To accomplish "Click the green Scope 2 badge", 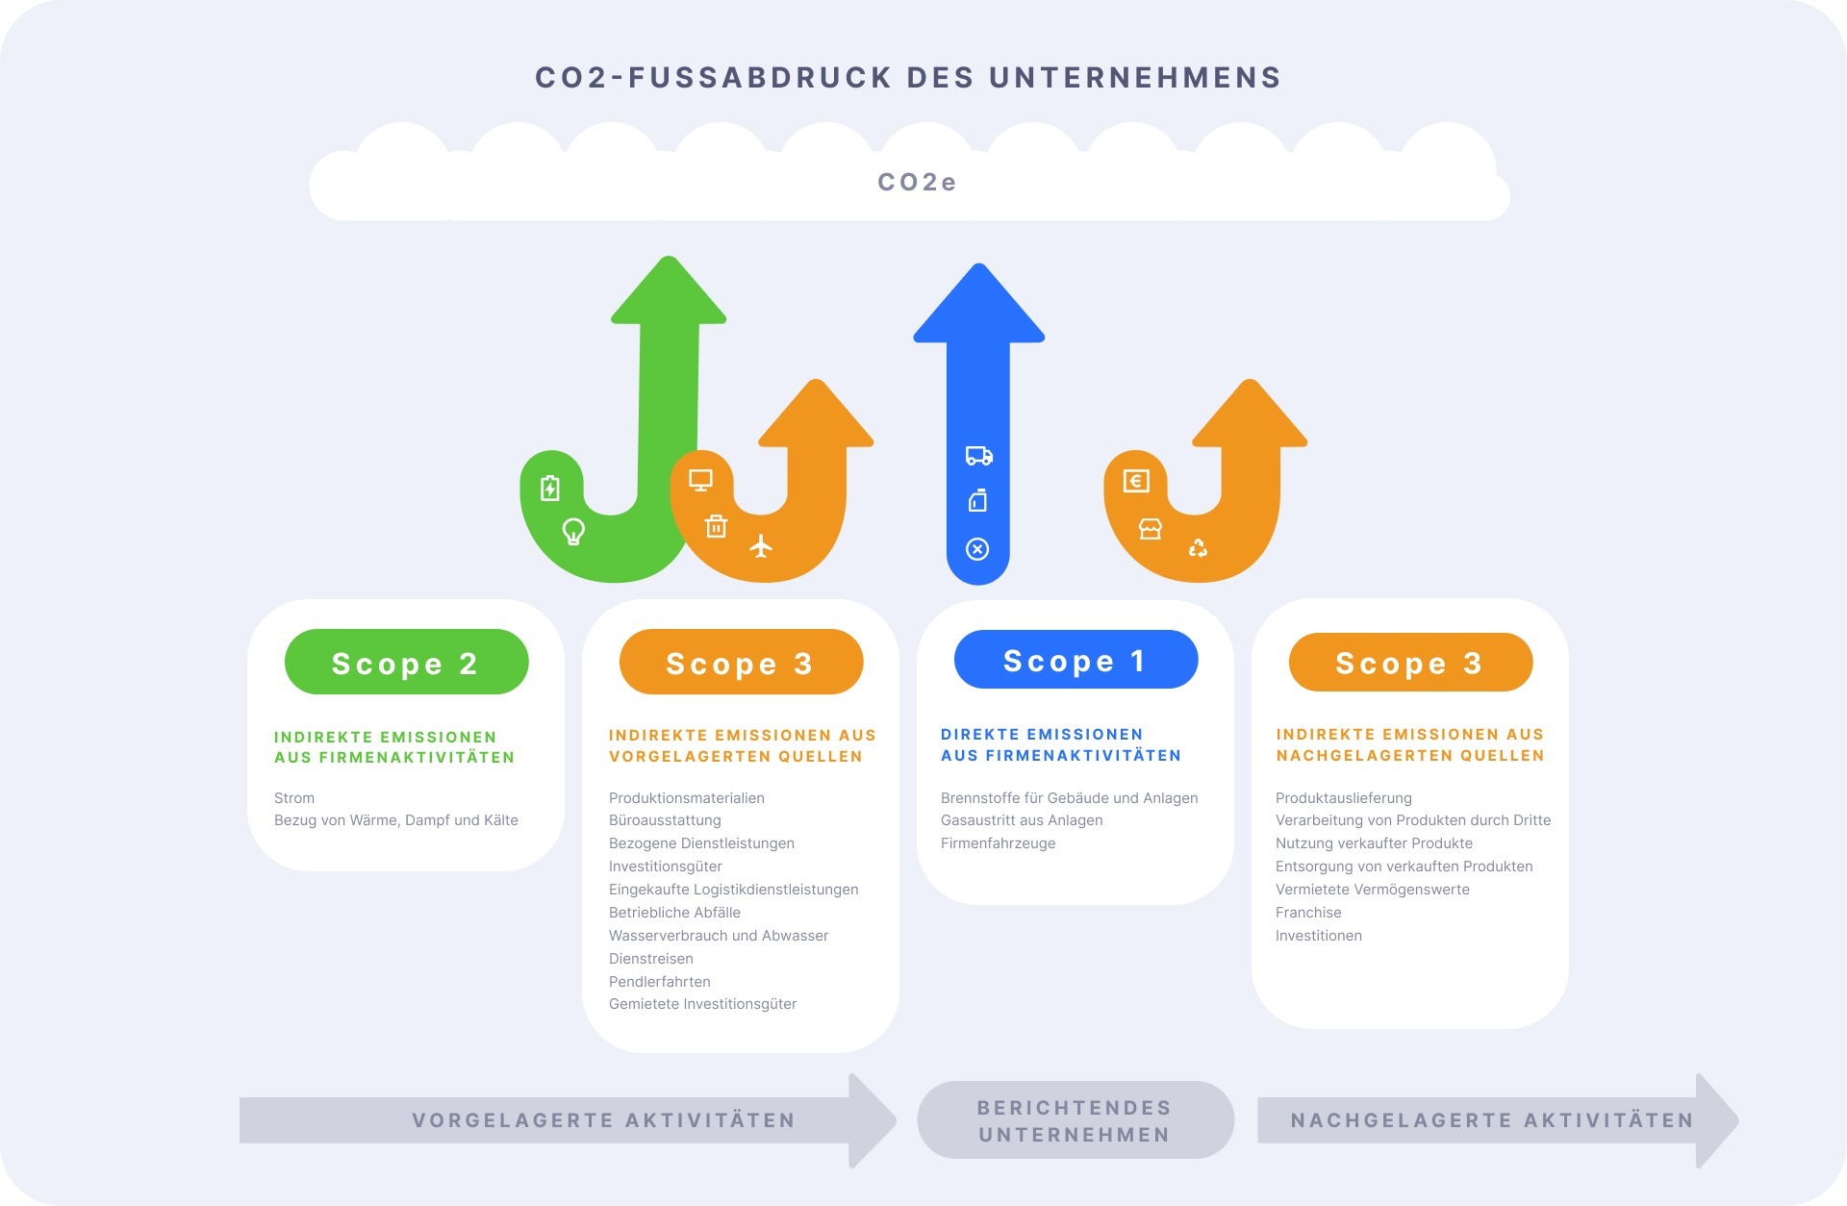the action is (x=406, y=662).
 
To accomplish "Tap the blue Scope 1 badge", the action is (x=1075, y=660).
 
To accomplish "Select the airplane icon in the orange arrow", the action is (x=761, y=546).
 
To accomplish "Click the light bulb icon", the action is (x=573, y=531).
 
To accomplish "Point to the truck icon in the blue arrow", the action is (x=978, y=456).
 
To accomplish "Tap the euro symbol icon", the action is (x=1136, y=481).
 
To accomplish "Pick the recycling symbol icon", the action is (x=1198, y=548).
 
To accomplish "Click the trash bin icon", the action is (x=716, y=526).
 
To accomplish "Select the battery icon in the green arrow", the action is (x=549, y=489).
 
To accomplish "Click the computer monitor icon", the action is (x=700, y=480).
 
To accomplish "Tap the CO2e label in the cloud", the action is (x=917, y=182).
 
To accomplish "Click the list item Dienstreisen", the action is (x=651, y=959).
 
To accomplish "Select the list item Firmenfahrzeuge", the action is (x=999, y=843).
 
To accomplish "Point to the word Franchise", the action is (x=1308, y=913).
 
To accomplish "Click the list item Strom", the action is (x=294, y=798).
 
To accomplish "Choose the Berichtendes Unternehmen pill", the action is (x=1075, y=1120).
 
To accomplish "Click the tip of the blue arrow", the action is (x=979, y=264).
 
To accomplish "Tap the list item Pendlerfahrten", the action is (x=660, y=982).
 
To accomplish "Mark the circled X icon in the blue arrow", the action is (x=977, y=549).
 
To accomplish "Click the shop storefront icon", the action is (x=1151, y=529).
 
